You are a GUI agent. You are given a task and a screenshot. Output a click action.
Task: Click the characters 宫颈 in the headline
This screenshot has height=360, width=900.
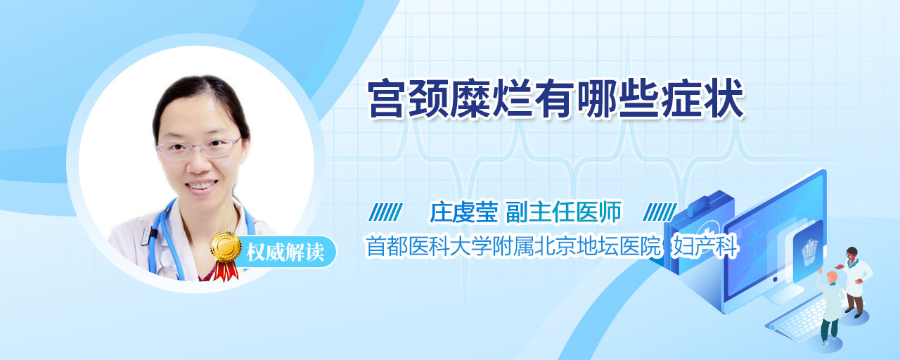(x=409, y=100)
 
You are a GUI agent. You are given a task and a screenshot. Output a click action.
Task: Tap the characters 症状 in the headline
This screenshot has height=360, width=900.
(x=702, y=100)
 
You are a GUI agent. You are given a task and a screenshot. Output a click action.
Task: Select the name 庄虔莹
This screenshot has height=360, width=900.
(x=464, y=212)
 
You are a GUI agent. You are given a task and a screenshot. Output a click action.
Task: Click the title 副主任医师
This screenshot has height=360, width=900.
(x=563, y=212)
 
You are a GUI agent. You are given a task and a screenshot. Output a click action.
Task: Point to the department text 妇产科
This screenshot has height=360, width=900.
(x=705, y=246)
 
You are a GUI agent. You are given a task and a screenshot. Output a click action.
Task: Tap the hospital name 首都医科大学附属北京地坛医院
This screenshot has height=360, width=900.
(x=513, y=246)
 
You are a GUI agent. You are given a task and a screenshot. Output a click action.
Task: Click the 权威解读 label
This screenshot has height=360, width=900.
(x=285, y=252)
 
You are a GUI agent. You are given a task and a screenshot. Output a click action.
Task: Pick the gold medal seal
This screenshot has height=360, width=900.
(x=226, y=246)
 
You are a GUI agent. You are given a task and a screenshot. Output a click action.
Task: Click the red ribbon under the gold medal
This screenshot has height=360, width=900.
(x=226, y=270)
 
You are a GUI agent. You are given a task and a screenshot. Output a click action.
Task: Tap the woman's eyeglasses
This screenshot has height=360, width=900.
(x=199, y=148)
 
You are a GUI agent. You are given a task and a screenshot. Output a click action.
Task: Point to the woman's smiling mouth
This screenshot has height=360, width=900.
(x=201, y=186)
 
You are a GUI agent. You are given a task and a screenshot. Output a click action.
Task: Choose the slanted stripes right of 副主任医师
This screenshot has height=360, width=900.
(x=660, y=212)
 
